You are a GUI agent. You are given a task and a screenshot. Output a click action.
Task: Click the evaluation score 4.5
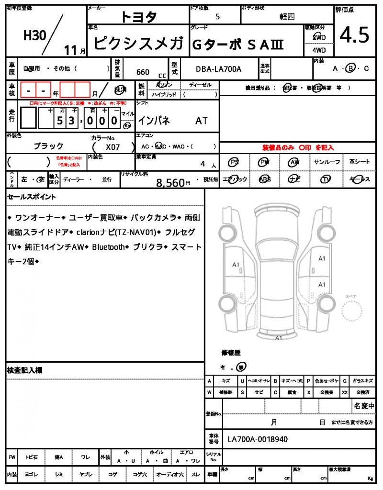pos(355,34)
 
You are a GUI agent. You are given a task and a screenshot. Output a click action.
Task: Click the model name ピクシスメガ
pos(138,44)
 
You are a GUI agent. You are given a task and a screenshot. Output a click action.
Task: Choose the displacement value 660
pos(143,72)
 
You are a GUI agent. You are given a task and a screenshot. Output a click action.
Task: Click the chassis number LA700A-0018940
pos(258,439)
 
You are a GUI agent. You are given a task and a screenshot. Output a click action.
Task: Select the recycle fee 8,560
pos(170,182)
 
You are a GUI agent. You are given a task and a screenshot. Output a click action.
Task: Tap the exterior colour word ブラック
pos(48,146)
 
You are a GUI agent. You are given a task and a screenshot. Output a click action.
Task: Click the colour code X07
pos(113,148)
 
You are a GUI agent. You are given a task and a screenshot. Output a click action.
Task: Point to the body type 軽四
pos(287,16)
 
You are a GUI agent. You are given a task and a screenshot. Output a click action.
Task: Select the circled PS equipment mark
pos(234,162)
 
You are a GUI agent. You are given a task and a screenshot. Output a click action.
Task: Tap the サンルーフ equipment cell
pos(326,162)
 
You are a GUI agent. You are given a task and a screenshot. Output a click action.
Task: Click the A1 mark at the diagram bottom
pos(278,337)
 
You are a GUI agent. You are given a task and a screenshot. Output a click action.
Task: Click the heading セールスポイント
pos(31,197)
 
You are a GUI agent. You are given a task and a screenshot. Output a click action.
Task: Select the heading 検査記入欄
pos(25,370)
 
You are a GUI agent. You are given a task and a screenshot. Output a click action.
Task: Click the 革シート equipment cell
pos(359,162)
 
